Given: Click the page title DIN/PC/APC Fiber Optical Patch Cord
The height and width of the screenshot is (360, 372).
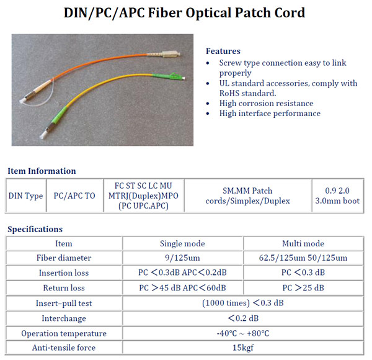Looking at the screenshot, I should point(185,12).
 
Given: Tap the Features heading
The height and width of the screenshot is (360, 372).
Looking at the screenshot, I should point(223,51).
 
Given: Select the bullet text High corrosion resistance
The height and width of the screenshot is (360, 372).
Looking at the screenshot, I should point(266,103).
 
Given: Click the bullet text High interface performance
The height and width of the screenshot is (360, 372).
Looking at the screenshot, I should point(270,114).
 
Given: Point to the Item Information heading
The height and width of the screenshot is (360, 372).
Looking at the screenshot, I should point(42,171).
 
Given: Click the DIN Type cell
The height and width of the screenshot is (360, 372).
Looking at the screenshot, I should point(25,196).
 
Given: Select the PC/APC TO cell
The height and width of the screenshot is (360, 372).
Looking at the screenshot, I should point(74,196).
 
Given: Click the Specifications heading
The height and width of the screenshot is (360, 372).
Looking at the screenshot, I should point(35,229).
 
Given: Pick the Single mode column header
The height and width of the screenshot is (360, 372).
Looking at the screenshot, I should point(182,243).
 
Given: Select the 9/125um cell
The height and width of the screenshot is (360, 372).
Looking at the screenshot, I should point(182,258).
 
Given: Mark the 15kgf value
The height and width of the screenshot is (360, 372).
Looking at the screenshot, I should point(242,348).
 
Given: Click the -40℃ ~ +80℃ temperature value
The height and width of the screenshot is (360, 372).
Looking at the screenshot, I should point(242,333).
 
